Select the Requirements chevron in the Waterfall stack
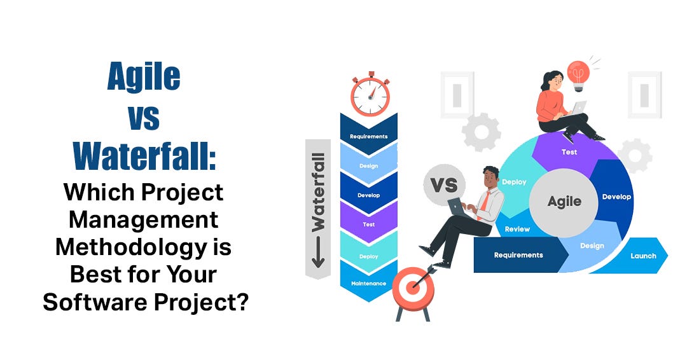(368, 135)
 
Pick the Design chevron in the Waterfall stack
(368, 165)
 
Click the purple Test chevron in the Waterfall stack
(368, 224)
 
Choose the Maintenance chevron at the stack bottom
(368, 282)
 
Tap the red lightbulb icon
(578, 74)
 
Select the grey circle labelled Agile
(564, 201)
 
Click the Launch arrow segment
(643, 256)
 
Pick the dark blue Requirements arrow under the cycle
(518, 255)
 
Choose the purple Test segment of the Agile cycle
(569, 153)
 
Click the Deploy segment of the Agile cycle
(514, 182)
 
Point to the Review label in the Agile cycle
(518, 229)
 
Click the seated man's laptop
(457, 205)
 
